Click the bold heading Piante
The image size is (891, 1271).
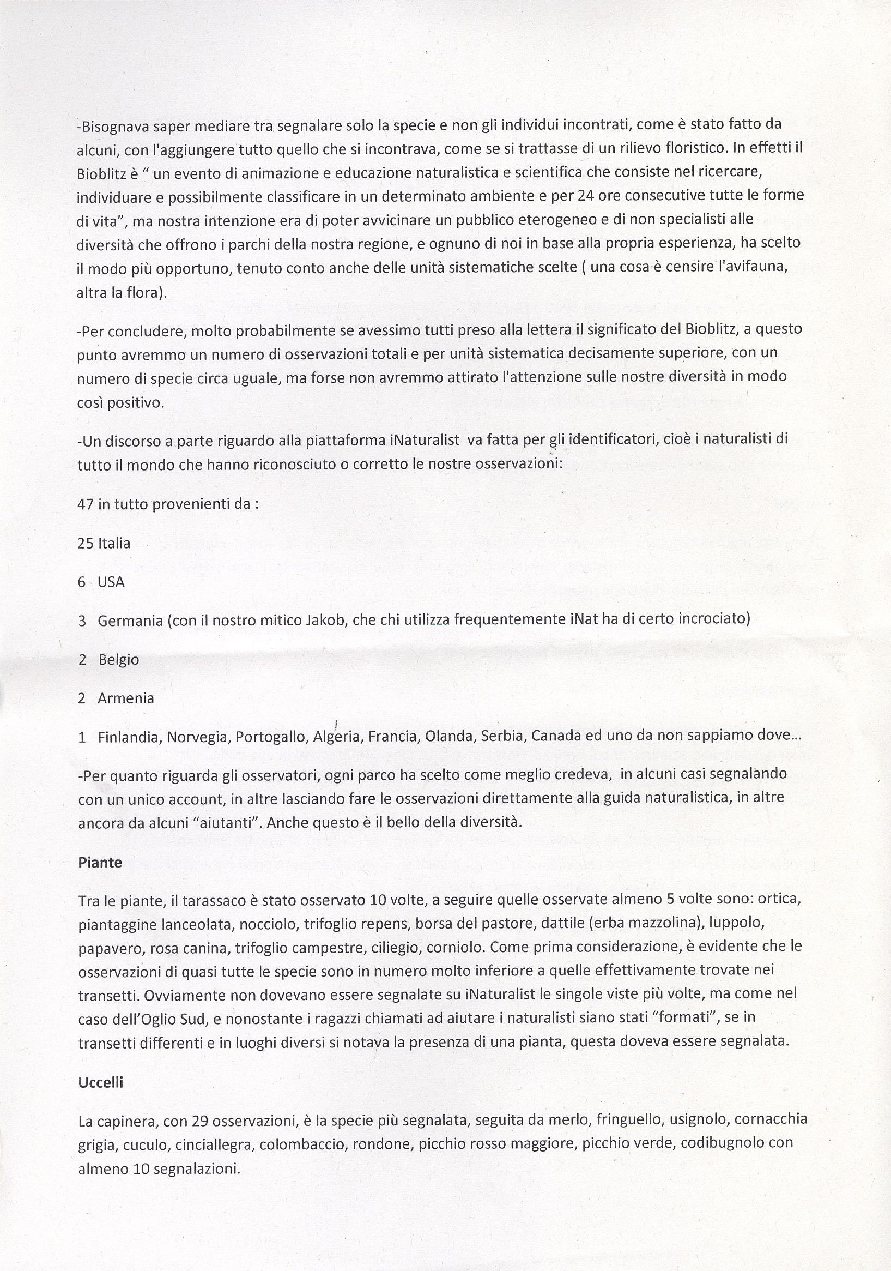(x=100, y=863)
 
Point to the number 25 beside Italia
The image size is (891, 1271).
(x=85, y=543)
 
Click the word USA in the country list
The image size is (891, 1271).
(x=111, y=582)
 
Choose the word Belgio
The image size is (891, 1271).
(x=118, y=660)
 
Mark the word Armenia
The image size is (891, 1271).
(x=126, y=698)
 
